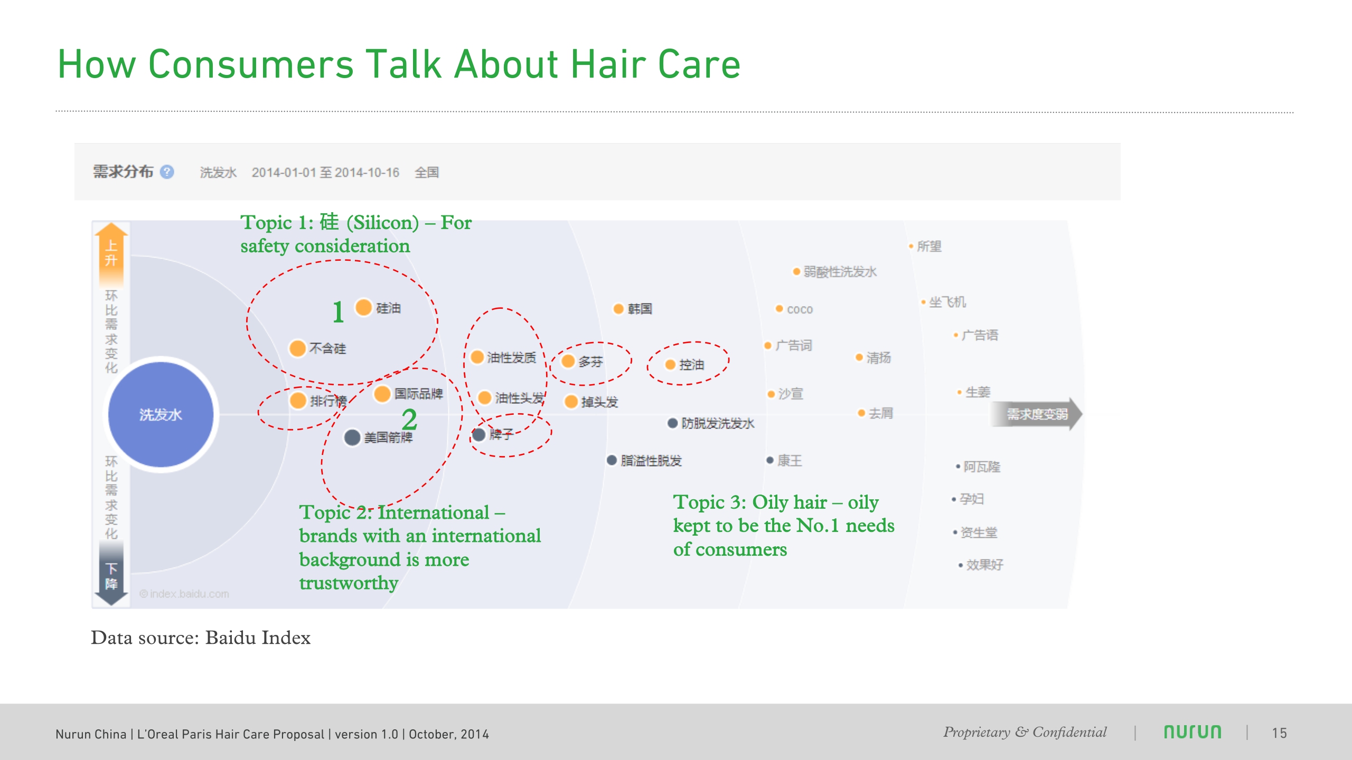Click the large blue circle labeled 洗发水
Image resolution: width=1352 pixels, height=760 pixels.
pyautogui.click(x=161, y=414)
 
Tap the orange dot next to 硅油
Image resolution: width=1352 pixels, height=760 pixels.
pyautogui.click(x=364, y=307)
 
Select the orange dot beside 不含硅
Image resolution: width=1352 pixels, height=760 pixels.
pyautogui.click(x=298, y=348)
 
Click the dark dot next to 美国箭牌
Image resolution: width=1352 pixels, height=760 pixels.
pyautogui.click(x=352, y=437)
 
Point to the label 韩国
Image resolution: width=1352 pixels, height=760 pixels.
pyautogui.click(x=640, y=309)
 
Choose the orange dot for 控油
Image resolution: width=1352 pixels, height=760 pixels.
pyautogui.click(x=670, y=365)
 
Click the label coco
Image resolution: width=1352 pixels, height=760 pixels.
pyautogui.click(x=800, y=310)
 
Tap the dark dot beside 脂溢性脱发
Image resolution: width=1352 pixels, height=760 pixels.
pyautogui.click(x=612, y=460)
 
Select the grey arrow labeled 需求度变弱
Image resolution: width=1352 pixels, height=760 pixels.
pyautogui.click(x=1036, y=414)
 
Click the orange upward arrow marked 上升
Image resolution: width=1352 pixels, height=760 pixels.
pyautogui.click(x=111, y=253)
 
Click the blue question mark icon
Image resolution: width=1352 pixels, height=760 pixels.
pyautogui.click(x=167, y=172)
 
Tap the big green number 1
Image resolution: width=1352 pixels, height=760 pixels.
pyautogui.click(x=338, y=312)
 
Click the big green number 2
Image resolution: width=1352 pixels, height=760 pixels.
pyautogui.click(x=409, y=420)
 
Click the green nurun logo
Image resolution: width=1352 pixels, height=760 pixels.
pyautogui.click(x=1193, y=732)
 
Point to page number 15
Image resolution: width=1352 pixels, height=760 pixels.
pyautogui.click(x=1279, y=733)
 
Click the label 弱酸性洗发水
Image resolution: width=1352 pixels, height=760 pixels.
pyautogui.click(x=840, y=272)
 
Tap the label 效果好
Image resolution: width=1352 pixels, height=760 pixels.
pyautogui.click(x=984, y=565)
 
